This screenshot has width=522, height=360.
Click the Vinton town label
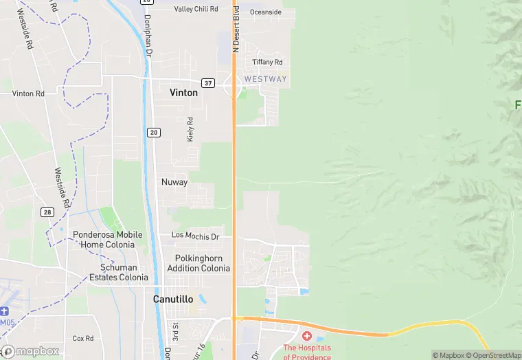[x=183, y=93]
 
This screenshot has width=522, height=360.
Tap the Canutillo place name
[x=172, y=300]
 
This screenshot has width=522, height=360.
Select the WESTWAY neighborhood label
[x=265, y=80]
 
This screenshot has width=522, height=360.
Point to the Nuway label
[x=174, y=182]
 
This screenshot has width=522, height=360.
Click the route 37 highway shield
[x=209, y=83]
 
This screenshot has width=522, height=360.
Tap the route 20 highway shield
[x=153, y=132]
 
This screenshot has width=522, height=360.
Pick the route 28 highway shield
[x=47, y=212]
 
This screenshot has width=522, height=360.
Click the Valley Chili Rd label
[x=196, y=9]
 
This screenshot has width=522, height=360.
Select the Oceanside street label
[x=266, y=12]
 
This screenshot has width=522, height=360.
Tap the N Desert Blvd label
[x=236, y=29]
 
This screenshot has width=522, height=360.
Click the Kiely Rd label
[x=190, y=129]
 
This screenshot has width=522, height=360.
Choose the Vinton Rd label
[x=28, y=93]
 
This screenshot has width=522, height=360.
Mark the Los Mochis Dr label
[x=195, y=236]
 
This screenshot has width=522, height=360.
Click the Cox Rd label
[x=83, y=339]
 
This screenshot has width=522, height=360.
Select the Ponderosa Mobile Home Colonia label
[x=108, y=239]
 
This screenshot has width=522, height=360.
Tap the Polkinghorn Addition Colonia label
[x=198, y=263]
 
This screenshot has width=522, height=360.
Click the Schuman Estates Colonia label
[x=119, y=272]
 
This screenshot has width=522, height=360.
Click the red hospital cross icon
[x=306, y=336]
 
